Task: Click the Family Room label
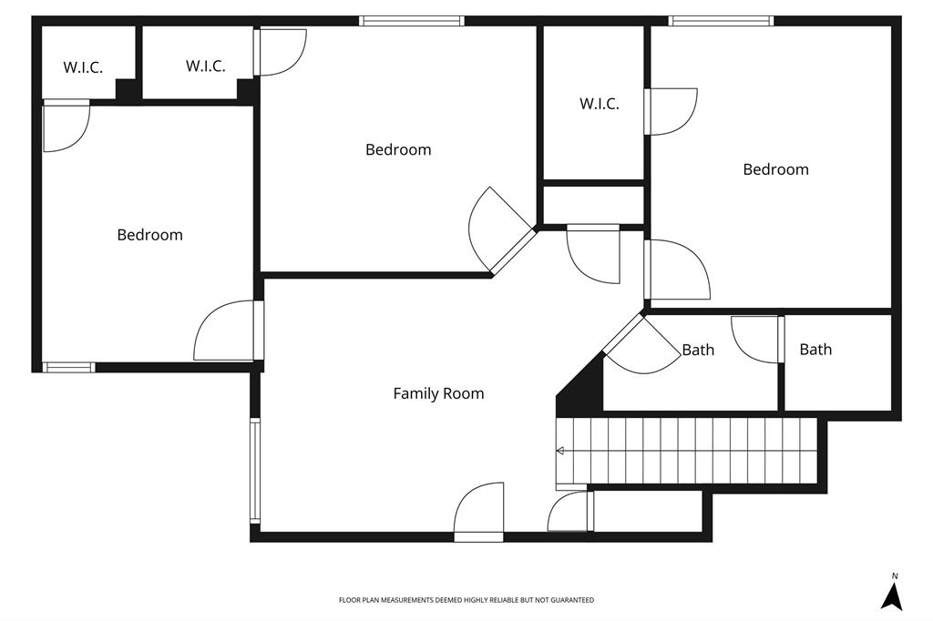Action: point(438,393)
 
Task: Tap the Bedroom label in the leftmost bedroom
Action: point(149,235)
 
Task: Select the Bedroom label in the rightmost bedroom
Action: point(775,169)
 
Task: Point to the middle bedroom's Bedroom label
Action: point(398,149)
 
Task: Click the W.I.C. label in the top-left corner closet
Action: point(83,67)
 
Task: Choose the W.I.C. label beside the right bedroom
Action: point(599,104)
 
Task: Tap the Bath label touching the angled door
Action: point(698,350)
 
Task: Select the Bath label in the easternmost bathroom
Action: point(815,349)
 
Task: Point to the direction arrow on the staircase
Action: point(560,451)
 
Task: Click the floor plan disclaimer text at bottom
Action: point(466,600)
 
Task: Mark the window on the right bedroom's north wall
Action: point(721,20)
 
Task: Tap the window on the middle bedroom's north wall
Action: point(412,20)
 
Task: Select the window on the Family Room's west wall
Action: point(255,471)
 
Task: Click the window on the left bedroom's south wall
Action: point(69,368)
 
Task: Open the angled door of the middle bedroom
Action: point(499,233)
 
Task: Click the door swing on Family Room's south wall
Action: point(479,510)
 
